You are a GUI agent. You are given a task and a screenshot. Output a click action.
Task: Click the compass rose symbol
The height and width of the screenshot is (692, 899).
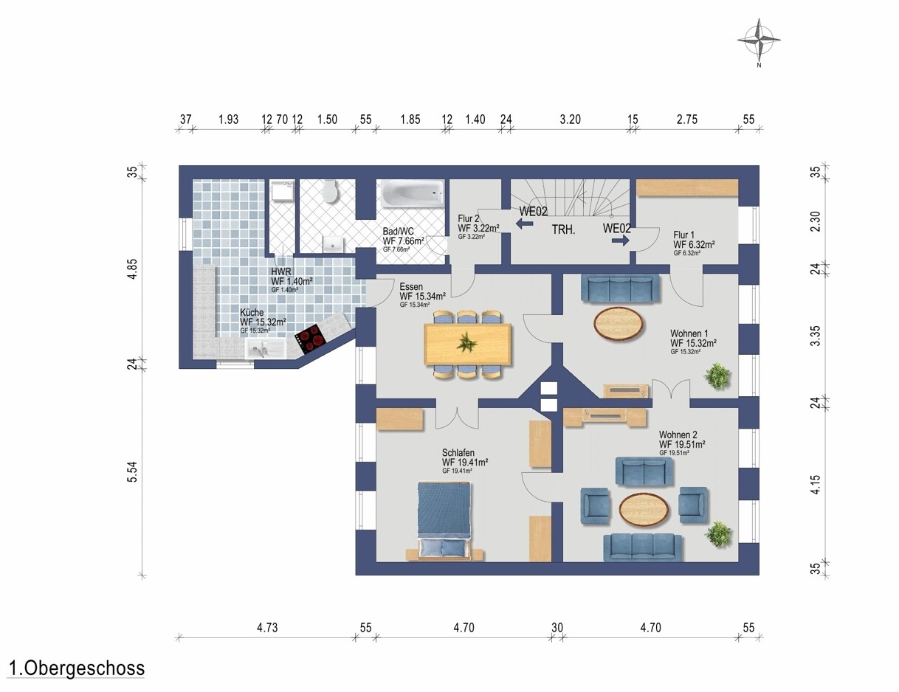759,41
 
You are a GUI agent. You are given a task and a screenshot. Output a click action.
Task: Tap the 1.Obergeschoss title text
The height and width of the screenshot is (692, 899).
77,668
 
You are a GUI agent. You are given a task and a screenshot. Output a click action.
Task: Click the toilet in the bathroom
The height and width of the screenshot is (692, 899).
331,191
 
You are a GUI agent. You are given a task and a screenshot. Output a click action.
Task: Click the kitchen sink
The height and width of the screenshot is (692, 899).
265,348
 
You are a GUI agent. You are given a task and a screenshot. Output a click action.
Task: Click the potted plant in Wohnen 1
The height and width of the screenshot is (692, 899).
717,376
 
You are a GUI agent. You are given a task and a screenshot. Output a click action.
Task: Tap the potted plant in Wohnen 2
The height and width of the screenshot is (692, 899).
719,534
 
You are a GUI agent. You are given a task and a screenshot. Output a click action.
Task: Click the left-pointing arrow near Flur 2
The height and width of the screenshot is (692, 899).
524,224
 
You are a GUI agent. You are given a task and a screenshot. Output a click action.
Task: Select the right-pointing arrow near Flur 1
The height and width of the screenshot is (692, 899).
620,241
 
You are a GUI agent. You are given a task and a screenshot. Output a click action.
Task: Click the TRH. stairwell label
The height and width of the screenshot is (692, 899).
563,230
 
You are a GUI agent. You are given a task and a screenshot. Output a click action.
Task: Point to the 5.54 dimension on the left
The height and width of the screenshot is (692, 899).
132,472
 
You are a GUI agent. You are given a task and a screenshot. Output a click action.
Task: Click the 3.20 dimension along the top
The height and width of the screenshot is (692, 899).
570,120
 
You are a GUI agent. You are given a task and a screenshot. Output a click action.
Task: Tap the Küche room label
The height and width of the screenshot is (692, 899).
252,312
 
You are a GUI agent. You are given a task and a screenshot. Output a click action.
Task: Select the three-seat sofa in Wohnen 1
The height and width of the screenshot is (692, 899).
621,288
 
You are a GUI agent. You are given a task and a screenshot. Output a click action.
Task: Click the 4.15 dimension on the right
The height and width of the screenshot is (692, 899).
815,485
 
